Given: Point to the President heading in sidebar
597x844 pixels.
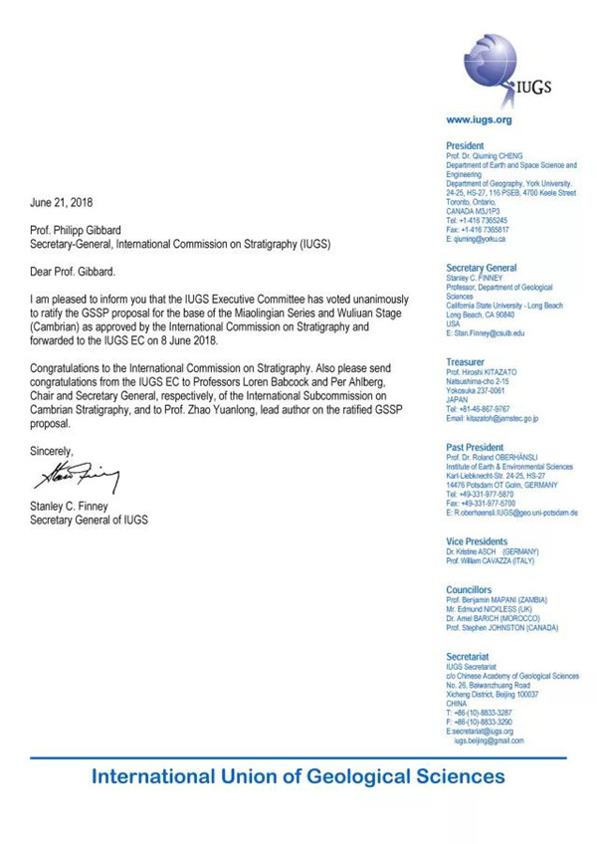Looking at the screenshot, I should (466, 145).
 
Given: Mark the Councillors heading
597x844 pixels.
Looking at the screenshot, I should (472, 590).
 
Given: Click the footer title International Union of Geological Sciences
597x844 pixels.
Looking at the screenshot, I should (298, 776).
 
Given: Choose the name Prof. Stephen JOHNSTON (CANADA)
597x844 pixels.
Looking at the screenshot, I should (502, 628).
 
